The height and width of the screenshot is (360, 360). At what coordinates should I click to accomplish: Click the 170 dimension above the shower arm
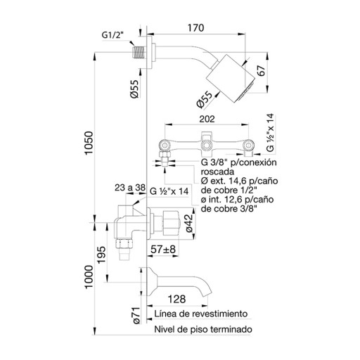pos(195,28)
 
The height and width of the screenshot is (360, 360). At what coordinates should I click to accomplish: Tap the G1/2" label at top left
pos(112,35)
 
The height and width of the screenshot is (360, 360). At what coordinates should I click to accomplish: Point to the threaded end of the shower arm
pos(139,52)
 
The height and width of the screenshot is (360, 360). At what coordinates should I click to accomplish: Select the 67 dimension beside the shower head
pos(261,71)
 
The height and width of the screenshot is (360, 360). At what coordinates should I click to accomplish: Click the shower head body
pos(230,79)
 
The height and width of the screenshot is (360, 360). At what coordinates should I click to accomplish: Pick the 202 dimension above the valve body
pos(207,120)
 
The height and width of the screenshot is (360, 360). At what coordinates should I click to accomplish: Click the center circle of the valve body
pos(206,145)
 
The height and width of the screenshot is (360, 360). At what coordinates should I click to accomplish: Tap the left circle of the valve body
pos(165,145)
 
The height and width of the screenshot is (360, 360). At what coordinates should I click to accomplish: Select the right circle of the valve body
pos(248,146)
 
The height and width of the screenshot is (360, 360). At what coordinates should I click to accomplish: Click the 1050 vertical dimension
pos(89,143)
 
